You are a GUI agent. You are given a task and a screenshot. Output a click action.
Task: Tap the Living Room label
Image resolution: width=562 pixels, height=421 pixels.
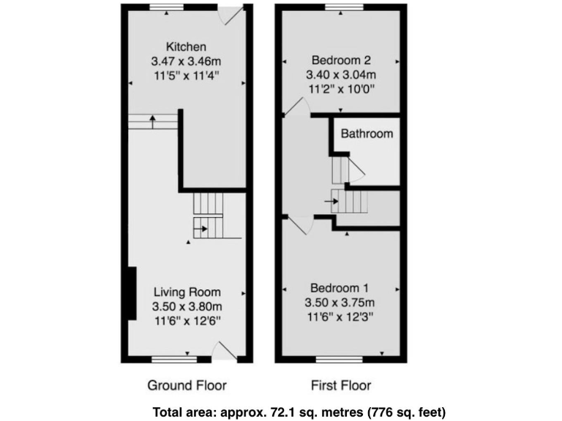[187, 292]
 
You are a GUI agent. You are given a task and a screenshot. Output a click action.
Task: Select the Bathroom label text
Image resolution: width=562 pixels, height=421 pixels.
[367, 134]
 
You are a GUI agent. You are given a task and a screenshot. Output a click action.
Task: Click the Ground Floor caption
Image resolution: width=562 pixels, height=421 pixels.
[187, 385]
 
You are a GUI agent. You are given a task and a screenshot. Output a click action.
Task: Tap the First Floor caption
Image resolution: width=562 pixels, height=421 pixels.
[340, 385]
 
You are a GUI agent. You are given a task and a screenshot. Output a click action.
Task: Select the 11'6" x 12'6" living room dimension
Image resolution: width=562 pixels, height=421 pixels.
[187, 320]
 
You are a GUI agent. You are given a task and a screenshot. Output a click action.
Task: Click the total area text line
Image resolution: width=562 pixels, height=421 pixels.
[299, 411]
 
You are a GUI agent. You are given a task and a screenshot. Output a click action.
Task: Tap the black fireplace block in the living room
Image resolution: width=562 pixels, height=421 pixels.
[132, 294]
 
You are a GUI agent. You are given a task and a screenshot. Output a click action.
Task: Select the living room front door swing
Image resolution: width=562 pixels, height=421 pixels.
[224, 353]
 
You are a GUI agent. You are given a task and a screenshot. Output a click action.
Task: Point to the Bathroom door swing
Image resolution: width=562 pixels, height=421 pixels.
[356, 171]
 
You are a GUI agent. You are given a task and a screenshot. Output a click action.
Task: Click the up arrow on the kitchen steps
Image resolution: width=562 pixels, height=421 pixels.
[152, 120]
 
